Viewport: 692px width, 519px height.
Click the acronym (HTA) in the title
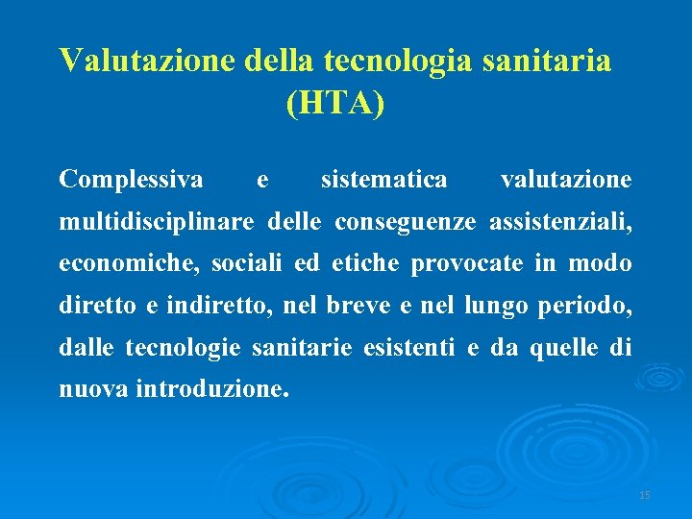point(335,103)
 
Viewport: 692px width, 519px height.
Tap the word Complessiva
point(131,180)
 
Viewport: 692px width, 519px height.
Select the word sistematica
point(383,180)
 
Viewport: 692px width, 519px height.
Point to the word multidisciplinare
point(157,223)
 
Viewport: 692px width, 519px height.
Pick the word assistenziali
point(560,223)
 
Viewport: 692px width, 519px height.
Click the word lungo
point(490,307)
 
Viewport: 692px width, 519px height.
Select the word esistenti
point(408,348)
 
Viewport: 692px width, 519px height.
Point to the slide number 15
point(644,495)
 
